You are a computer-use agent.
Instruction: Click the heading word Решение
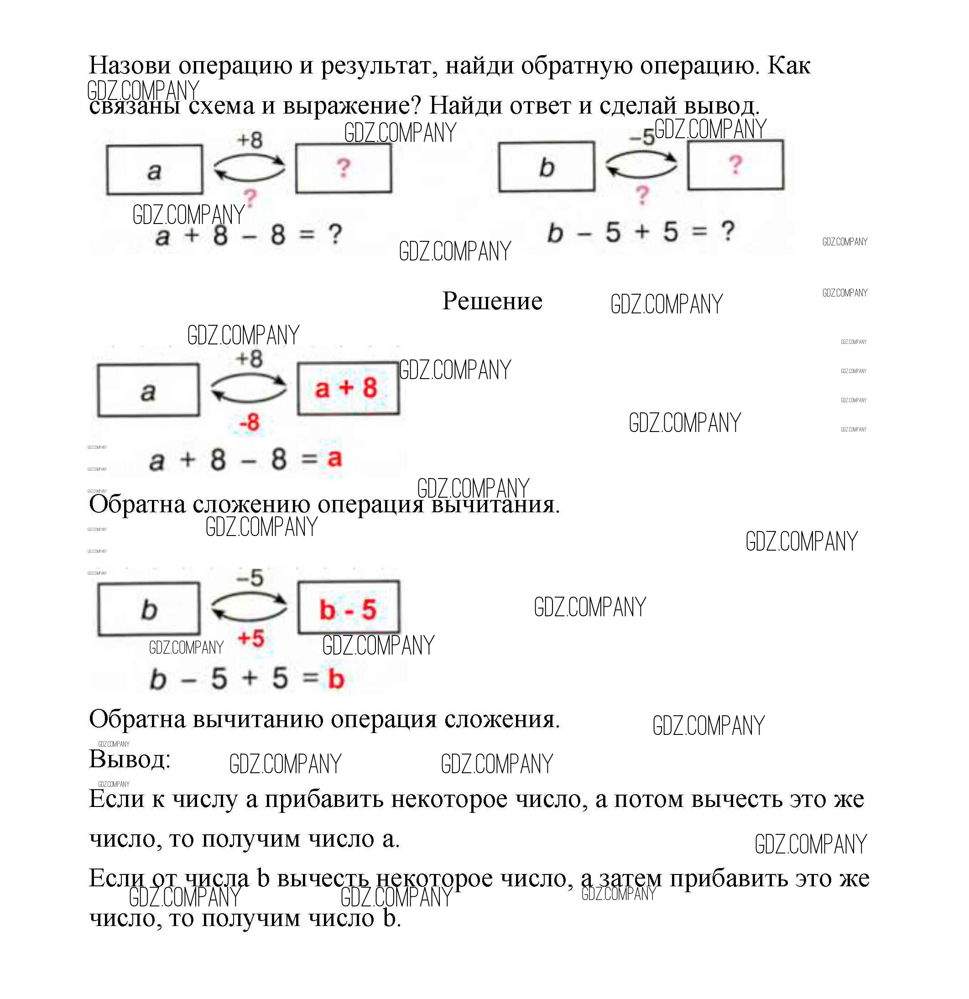pos(492,301)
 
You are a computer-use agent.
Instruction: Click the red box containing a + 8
pos(348,388)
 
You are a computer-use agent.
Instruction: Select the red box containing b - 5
pos(349,608)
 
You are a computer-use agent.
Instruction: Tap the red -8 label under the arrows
pos(249,422)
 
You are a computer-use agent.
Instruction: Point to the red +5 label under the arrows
pos(251,638)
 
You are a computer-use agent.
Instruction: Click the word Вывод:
pos(130,760)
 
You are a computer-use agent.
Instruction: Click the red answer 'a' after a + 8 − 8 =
pos(334,458)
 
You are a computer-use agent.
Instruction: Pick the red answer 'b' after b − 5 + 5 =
pos(336,678)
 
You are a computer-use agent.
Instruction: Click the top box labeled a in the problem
pos(155,170)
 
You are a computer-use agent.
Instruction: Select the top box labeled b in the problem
pos(547,166)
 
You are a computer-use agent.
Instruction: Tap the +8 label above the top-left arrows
pos(249,140)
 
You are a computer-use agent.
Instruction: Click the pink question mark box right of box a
pos(344,168)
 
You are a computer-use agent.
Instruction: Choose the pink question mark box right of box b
pos(735,165)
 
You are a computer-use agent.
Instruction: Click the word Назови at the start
pos(130,65)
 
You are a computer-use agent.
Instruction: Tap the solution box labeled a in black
pos(148,390)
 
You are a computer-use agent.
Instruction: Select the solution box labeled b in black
pos(148,609)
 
